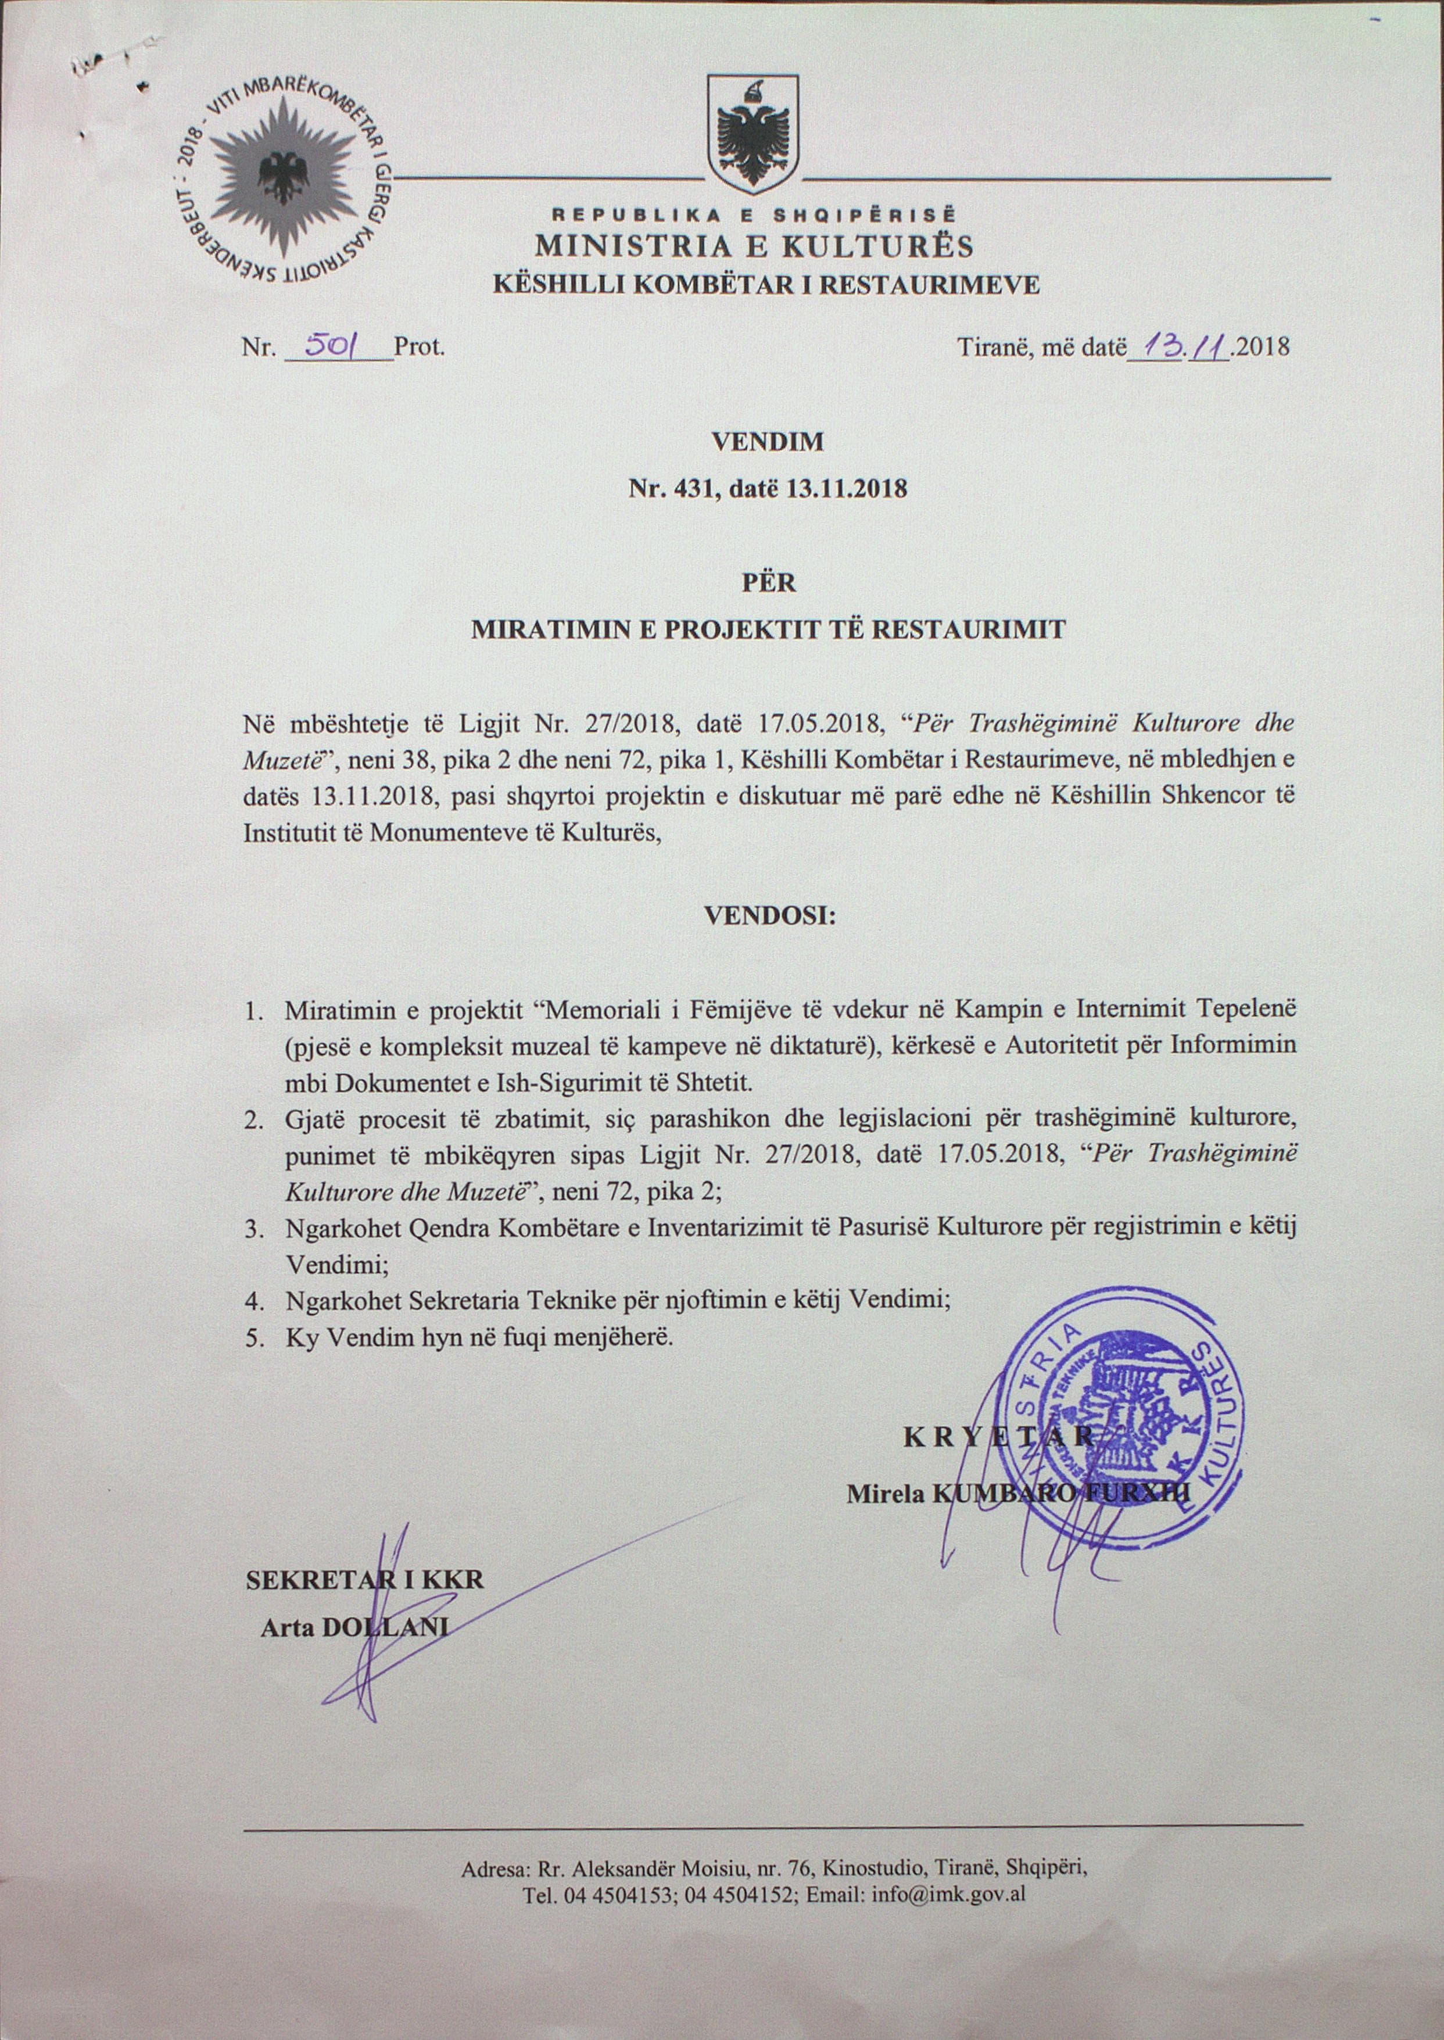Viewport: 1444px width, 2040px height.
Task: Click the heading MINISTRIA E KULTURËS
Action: point(753,246)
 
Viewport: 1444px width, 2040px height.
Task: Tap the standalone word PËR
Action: point(768,584)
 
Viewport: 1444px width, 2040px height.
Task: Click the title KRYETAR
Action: point(998,1437)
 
